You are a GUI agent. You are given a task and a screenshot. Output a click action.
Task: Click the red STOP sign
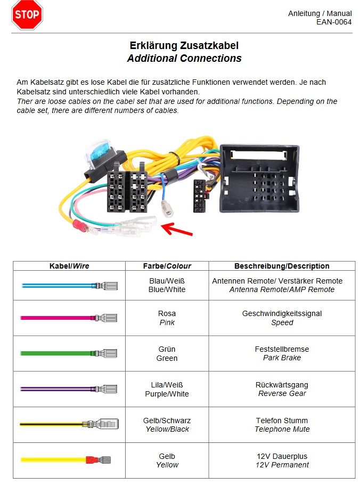point(27,15)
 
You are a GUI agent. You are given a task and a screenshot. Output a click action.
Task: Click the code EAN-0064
point(333,22)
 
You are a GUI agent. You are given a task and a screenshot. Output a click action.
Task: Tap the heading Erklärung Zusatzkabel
point(184,46)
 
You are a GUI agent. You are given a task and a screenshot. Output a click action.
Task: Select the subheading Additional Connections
point(184,59)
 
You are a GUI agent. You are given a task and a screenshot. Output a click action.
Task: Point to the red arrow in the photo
point(177,230)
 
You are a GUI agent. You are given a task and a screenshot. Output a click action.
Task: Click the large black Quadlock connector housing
point(259,178)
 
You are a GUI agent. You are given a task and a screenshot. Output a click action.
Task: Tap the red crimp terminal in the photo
point(80,226)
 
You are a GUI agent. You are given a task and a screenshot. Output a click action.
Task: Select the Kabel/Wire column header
point(69,266)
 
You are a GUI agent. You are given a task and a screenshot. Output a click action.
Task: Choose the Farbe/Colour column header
point(167,266)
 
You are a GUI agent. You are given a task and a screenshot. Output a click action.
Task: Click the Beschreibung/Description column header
point(282,266)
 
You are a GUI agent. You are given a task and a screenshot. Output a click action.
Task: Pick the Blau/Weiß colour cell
point(167,281)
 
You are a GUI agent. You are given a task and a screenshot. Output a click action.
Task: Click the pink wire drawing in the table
point(69,318)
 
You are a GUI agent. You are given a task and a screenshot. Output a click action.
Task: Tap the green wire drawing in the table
point(69,353)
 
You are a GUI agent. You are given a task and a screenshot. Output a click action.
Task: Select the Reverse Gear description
point(282,394)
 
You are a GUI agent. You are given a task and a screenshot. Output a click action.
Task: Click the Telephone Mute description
point(282,429)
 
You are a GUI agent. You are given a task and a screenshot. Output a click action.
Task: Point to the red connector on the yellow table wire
point(93,459)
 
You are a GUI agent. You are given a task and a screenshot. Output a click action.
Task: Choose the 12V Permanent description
point(282,465)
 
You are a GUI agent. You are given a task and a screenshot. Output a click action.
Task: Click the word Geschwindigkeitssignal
point(282,314)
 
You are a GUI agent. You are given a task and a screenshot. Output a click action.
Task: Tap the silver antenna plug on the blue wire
point(167,209)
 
